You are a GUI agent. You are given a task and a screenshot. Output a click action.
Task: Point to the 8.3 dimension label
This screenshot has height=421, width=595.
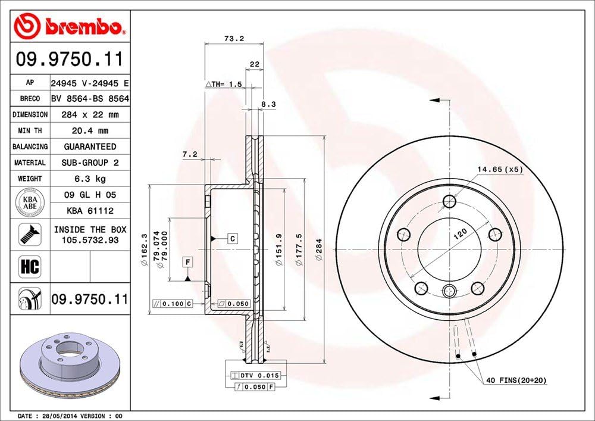(268, 104)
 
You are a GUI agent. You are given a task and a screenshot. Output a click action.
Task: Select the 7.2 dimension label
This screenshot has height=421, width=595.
(190, 155)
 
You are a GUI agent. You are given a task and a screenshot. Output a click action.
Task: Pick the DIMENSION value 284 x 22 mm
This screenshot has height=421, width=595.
(90, 114)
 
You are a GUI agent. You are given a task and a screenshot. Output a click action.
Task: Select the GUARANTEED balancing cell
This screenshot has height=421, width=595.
(90, 146)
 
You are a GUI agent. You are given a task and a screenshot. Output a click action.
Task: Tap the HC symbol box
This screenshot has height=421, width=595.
(30, 266)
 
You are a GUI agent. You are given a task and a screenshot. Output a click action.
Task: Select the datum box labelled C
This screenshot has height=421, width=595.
(233, 239)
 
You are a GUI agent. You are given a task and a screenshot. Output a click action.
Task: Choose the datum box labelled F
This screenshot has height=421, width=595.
(187, 262)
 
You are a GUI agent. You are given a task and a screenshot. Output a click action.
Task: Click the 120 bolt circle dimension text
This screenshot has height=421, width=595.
(458, 234)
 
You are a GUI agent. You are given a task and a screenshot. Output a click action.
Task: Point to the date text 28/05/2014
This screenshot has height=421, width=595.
(58, 415)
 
